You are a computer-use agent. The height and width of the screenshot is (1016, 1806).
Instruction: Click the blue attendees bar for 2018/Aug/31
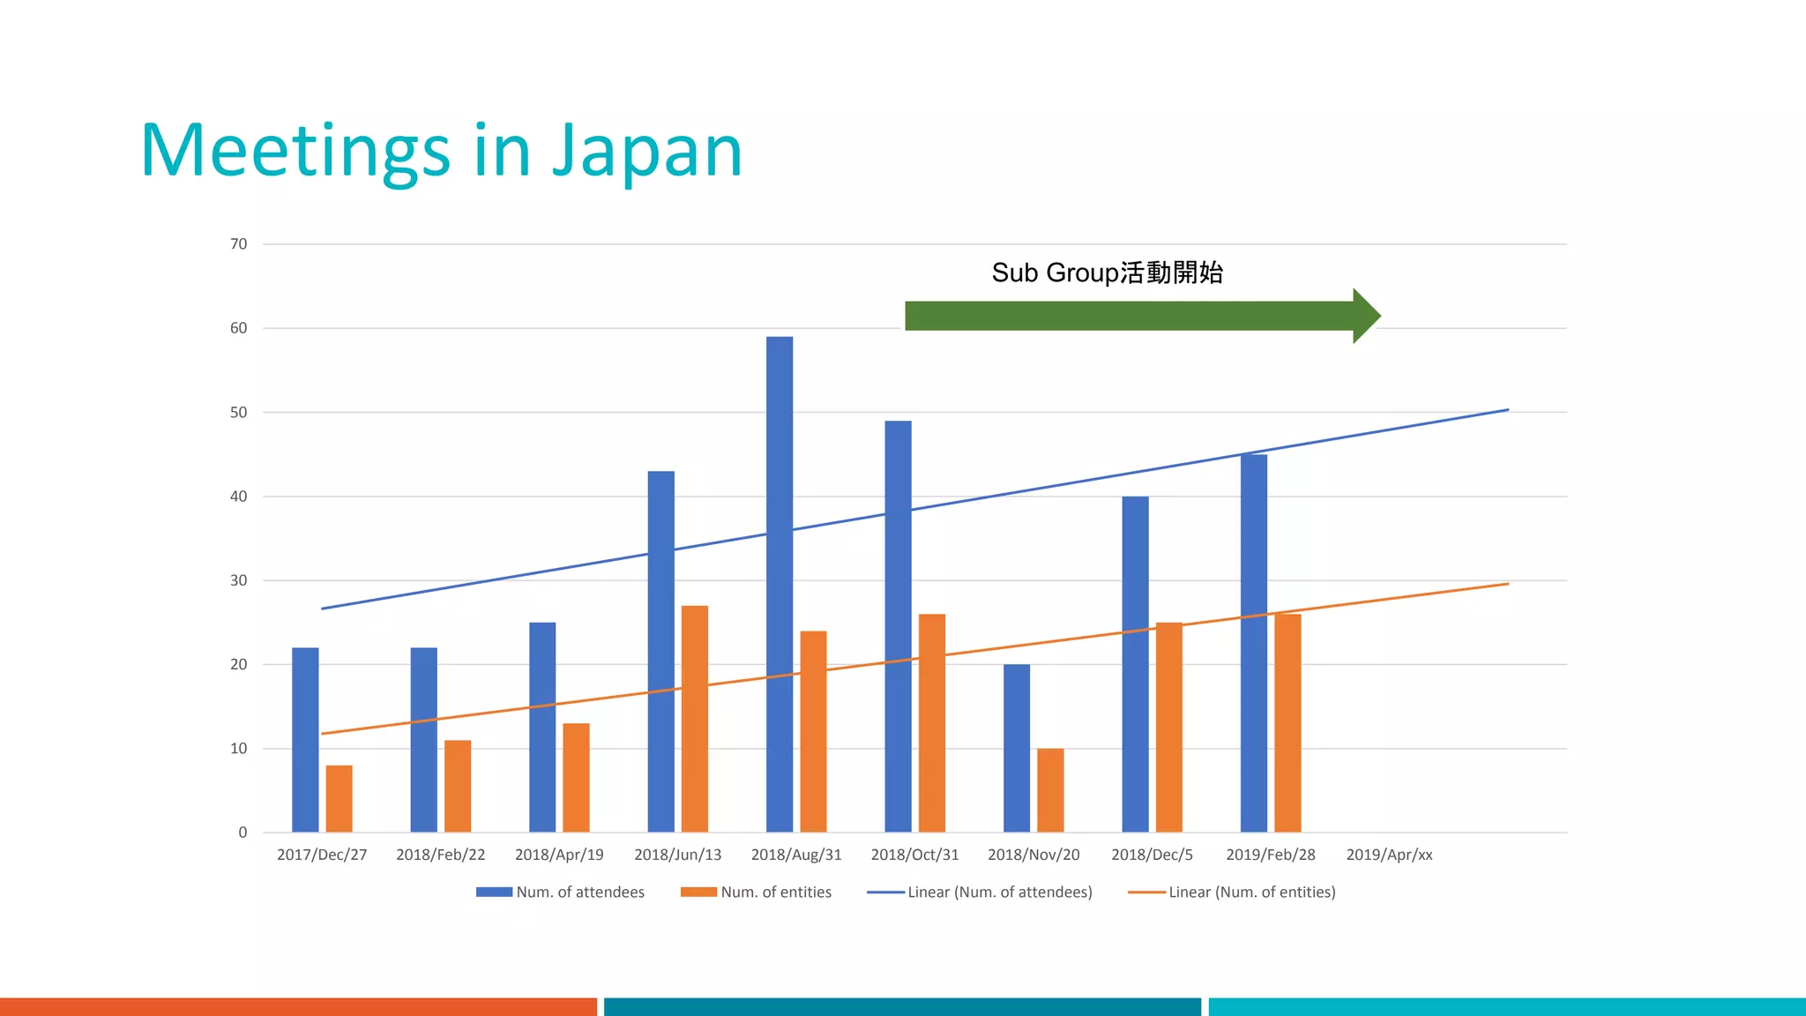(780, 584)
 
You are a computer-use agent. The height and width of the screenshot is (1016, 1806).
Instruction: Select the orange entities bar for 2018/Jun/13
(695, 719)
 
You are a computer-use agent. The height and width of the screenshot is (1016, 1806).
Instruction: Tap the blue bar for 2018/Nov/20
(1017, 748)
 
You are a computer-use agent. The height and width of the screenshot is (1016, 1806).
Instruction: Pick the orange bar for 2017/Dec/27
(339, 798)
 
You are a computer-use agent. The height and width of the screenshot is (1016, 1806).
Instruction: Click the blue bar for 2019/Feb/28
(1253, 643)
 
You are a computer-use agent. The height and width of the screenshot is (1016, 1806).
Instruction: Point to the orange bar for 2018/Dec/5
(1169, 727)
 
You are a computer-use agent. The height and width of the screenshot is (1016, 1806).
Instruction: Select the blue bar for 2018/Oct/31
(898, 626)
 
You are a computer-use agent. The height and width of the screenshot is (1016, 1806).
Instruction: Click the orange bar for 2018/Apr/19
(576, 777)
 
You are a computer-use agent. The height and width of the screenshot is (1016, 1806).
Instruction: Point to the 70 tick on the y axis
(238, 244)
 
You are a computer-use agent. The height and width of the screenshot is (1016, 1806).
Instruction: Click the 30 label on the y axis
(238, 580)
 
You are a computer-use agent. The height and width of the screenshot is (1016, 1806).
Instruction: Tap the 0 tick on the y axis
(243, 833)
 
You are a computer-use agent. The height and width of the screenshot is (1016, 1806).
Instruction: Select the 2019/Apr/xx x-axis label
(1389, 855)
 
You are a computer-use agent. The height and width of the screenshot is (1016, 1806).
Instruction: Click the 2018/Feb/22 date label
(440, 855)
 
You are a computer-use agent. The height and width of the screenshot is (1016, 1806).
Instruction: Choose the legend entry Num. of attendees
(561, 893)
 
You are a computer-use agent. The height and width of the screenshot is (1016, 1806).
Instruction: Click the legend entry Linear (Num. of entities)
(1232, 893)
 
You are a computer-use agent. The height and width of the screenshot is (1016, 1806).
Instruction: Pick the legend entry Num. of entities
(757, 893)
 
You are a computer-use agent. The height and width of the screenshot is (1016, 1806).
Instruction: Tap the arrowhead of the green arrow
(1365, 316)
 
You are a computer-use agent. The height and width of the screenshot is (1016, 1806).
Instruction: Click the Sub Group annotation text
(1107, 273)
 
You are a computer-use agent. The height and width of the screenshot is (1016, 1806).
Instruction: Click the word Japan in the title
(647, 152)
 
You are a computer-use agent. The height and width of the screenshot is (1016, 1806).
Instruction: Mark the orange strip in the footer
(298, 1006)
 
